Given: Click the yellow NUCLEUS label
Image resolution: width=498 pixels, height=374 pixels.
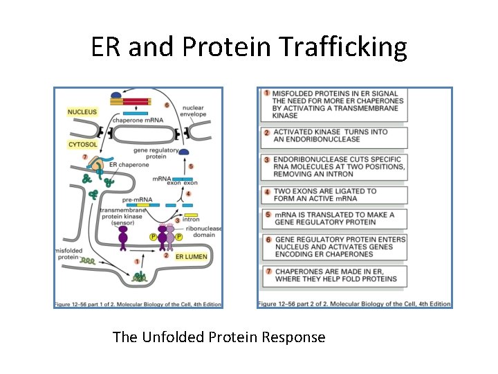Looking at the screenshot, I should click(82, 112).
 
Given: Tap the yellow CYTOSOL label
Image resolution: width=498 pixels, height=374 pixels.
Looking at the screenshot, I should click(82, 145).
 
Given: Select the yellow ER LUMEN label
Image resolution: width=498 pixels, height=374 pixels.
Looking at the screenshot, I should click(190, 256).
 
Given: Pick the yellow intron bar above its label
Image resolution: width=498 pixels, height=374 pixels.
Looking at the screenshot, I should click(190, 215).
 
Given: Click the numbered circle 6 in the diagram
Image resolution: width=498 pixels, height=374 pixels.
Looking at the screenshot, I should click(167, 105).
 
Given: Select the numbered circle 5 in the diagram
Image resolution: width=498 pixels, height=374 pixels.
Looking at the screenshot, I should click(190, 166).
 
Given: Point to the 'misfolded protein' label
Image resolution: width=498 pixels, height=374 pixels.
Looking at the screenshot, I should click(68, 253).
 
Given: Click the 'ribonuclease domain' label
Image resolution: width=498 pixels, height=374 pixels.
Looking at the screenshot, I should click(205, 232).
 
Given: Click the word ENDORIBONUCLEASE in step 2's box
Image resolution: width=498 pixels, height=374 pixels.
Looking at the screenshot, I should click(316, 139).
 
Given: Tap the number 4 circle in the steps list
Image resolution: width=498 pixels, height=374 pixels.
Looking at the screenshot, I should click(266, 191).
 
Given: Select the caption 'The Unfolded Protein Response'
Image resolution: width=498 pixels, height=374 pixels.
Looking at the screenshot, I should click(219, 337).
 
